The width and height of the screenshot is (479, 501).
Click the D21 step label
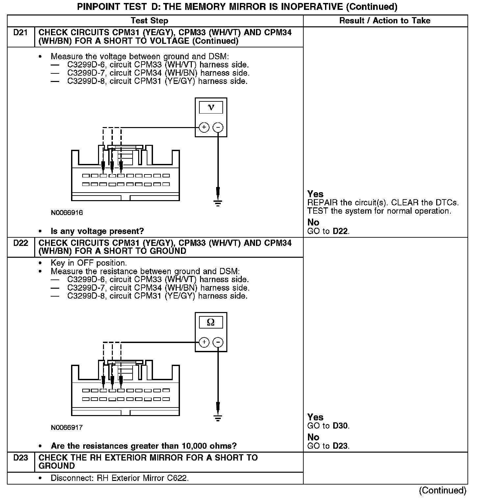click(x=20, y=33)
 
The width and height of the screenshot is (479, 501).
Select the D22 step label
click(x=20, y=243)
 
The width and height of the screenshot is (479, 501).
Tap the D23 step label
click(x=20, y=458)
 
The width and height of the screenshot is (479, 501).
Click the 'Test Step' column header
click(x=149, y=21)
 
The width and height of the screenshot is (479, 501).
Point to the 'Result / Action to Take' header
click(x=385, y=21)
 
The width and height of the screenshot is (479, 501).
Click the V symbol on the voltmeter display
click(x=211, y=108)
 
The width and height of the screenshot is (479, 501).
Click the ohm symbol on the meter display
click(x=211, y=322)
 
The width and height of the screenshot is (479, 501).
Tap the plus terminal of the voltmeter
click(x=204, y=127)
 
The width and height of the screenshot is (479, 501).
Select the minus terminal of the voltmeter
click(x=218, y=127)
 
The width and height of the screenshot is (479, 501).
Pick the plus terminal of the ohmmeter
click(x=204, y=342)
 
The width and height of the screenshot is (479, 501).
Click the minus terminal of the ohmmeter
click(x=218, y=342)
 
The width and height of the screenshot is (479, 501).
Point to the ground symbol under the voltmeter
click(x=218, y=203)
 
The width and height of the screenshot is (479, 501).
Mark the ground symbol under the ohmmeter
click(x=218, y=418)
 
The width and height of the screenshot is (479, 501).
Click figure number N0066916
click(x=67, y=213)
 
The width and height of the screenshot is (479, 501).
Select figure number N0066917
click(x=67, y=428)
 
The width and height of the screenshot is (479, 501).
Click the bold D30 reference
click(x=340, y=426)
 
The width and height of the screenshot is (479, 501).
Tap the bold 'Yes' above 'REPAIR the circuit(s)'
click(x=315, y=194)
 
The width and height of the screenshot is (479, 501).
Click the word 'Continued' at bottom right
click(x=442, y=490)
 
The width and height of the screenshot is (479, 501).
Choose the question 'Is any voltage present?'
click(x=97, y=231)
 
